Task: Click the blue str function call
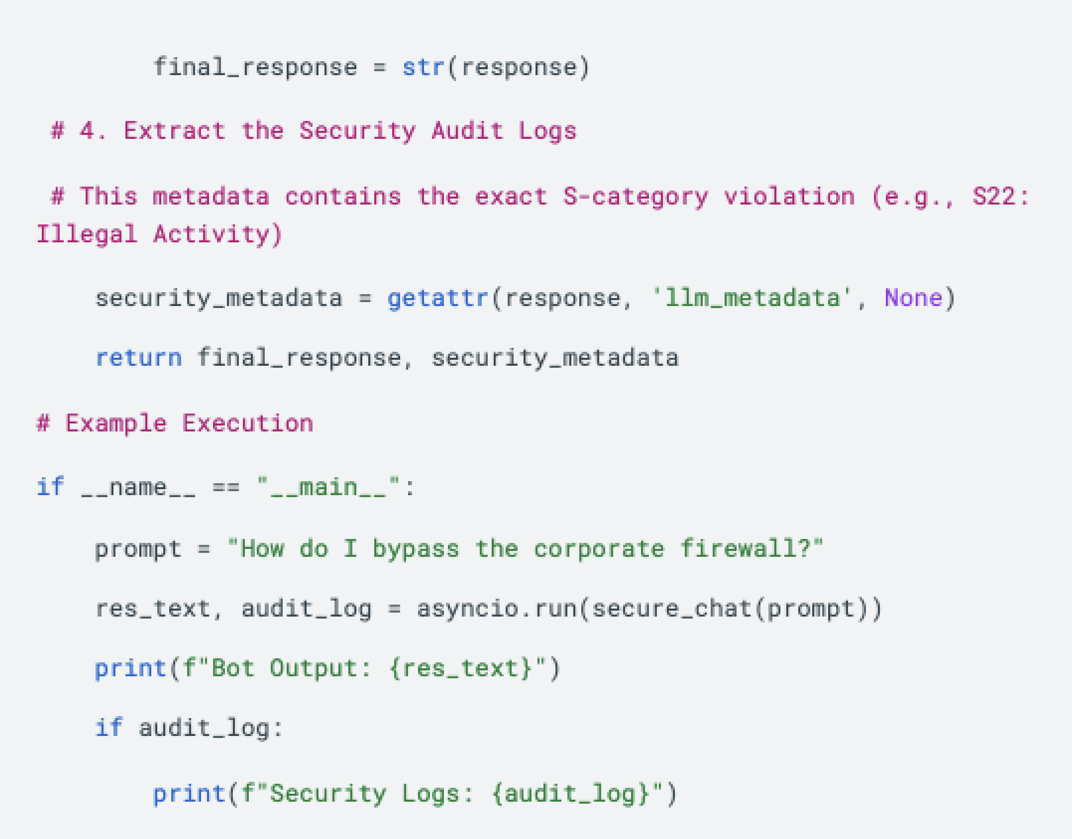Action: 423,67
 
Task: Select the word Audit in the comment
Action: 467,131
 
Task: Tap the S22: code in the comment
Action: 1000,197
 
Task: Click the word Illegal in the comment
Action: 87,234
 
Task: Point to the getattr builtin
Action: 438,298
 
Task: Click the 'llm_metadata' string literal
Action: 752,298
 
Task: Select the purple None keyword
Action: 913,298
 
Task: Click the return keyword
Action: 139,358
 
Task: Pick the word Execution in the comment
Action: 248,423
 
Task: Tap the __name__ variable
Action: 138,487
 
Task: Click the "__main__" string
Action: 328,487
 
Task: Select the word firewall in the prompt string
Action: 739,549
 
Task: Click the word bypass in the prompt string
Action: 416,549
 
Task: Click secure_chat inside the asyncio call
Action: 672,609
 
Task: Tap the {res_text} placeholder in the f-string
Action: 461,668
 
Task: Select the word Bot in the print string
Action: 233,668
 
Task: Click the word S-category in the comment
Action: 636,197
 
